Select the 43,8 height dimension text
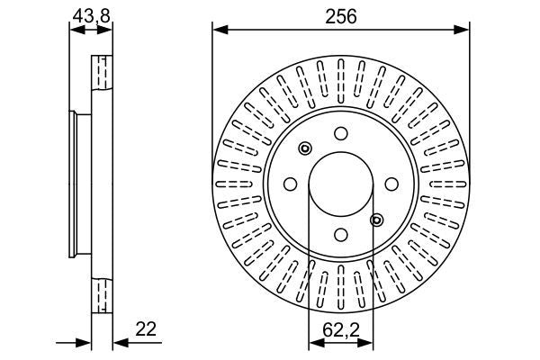click(x=91, y=14)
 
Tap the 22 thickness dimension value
click(x=145, y=329)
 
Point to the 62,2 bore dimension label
click(x=340, y=329)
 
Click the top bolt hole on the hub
click(x=341, y=133)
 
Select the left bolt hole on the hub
click(x=291, y=184)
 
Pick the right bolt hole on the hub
click(x=391, y=184)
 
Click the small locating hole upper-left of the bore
click(x=305, y=148)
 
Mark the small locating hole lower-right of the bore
click(x=377, y=219)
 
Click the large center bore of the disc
click(x=341, y=184)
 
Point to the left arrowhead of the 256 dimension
click(x=219, y=31)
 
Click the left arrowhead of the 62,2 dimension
click(x=314, y=342)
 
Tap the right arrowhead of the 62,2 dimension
click(x=368, y=342)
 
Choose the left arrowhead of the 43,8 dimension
click(x=75, y=29)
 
